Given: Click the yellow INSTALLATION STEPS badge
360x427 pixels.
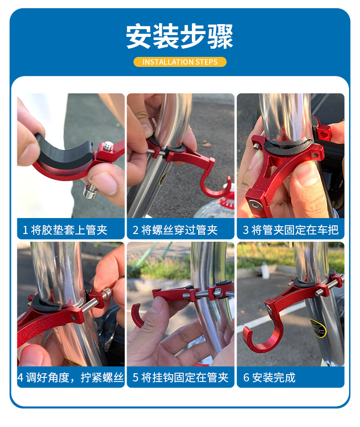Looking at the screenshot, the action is click(x=180, y=62).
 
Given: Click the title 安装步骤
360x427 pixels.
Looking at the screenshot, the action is click(x=180, y=36).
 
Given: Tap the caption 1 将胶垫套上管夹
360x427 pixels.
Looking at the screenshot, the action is click(x=65, y=230).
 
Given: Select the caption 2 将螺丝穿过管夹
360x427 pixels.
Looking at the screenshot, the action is click(x=175, y=230).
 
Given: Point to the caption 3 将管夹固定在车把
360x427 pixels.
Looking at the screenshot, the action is click(x=291, y=230).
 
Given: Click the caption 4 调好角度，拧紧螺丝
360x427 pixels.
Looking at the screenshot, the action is click(x=71, y=377).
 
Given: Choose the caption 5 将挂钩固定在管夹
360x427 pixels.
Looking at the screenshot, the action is click(x=180, y=377).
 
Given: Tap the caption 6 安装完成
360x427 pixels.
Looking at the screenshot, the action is click(x=269, y=377).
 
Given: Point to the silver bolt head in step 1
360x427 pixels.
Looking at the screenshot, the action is click(x=91, y=191).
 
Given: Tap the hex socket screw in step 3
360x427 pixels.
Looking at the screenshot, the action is click(x=255, y=204).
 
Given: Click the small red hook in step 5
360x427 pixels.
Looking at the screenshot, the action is click(x=137, y=315).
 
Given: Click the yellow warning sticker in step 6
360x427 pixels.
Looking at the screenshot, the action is click(x=317, y=328).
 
